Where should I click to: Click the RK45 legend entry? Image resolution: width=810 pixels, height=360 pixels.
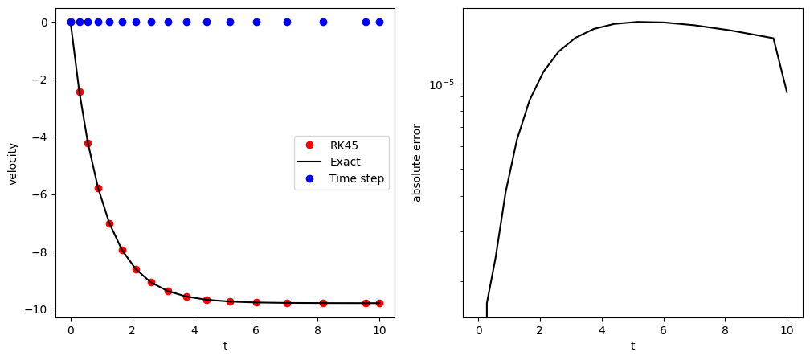343,145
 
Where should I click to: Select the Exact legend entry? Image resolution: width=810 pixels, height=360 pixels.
345,162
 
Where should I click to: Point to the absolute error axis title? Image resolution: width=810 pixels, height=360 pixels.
417,162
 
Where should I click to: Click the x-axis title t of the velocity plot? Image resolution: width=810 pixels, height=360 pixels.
225,346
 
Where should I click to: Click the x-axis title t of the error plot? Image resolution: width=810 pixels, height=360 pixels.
632,346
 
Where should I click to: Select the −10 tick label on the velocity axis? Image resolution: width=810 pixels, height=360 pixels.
39,309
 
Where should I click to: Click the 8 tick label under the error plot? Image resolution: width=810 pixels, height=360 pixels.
725,329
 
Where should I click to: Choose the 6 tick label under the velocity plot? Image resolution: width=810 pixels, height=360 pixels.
256,329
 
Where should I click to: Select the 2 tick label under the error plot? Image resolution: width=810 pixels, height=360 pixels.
540,329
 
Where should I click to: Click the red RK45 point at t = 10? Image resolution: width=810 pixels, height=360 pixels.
379,303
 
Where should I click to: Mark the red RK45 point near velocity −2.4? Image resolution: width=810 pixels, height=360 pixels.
80,92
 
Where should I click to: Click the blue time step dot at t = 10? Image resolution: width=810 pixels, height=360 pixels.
379,22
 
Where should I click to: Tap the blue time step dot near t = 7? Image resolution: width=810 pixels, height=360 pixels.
287,22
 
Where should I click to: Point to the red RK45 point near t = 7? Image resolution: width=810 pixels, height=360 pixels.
287,303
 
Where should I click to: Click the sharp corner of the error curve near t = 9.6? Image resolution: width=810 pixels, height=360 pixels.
774,38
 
